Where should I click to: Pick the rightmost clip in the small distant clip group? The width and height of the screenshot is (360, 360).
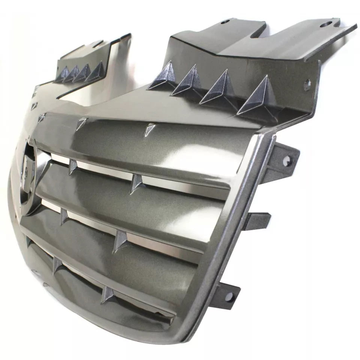coord(96,71)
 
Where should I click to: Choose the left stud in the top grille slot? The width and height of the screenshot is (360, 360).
coord(73,166)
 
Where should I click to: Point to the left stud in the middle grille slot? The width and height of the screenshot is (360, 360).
coord(64,216)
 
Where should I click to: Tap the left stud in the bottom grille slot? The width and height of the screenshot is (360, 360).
coord(57,264)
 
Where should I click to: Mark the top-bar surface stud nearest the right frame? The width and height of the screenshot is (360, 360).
coord(150,129)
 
